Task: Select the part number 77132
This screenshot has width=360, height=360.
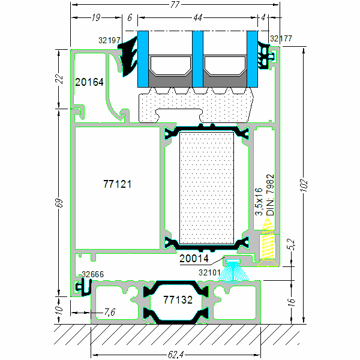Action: point(178,299)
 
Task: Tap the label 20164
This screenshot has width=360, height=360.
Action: point(89,82)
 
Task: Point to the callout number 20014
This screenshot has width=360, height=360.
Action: point(194,259)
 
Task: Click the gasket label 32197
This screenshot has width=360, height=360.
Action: point(110,41)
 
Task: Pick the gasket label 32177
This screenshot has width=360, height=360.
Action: point(281,38)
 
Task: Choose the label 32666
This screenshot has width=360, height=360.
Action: point(92,274)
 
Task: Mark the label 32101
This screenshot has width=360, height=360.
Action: point(209,272)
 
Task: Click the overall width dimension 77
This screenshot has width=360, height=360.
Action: point(175,5)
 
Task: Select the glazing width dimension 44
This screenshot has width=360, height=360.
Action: point(197,18)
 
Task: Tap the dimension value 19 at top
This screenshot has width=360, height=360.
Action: point(95,18)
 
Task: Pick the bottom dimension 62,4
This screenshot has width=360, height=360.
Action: point(175,354)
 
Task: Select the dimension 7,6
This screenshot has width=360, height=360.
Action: point(110,312)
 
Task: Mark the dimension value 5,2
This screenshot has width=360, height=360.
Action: point(291,244)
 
